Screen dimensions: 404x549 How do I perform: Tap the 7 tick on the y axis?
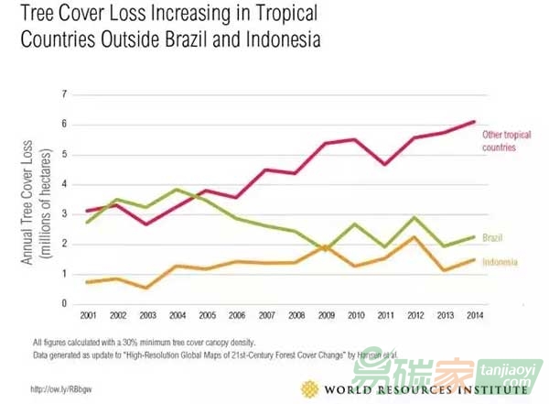point(65,94)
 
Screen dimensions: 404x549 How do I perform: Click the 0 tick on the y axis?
point(65,303)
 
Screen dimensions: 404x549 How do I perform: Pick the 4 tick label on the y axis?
point(65,184)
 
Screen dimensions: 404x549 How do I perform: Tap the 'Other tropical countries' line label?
point(507,140)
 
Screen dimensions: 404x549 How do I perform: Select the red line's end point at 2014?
point(473,122)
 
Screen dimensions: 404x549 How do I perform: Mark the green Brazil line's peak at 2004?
point(178,190)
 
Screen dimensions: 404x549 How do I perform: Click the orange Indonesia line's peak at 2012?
point(414,237)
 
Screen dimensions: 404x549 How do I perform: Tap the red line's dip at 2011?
point(384,164)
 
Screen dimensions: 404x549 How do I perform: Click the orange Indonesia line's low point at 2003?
point(147,288)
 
